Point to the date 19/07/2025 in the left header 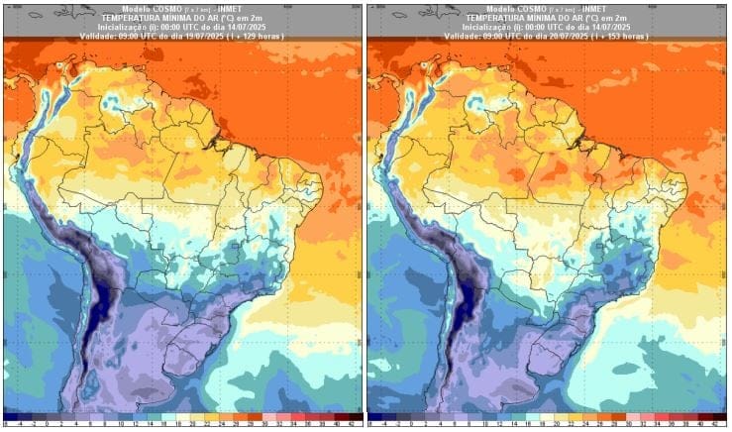204,36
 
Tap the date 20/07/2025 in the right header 568,36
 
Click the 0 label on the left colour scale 48,425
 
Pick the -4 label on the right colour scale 383,425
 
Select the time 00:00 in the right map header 516,27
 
